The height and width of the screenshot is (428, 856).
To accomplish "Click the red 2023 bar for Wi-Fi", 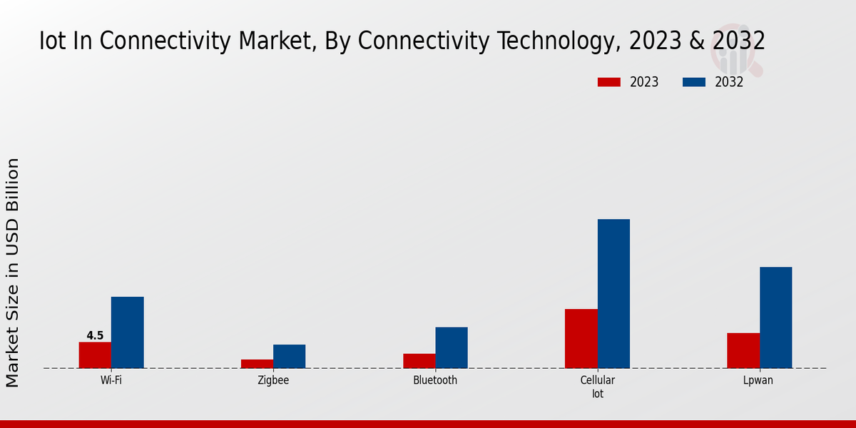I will click(95, 355).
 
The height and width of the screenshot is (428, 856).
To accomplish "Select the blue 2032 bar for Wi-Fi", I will click(127, 332).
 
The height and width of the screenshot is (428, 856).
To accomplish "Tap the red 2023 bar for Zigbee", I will click(257, 364).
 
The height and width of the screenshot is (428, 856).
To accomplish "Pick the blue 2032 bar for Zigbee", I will click(289, 357).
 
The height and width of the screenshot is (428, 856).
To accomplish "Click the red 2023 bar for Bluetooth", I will click(419, 361).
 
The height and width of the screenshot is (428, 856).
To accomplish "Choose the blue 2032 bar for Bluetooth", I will click(452, 347).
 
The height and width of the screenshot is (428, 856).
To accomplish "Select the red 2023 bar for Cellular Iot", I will click(581, 339).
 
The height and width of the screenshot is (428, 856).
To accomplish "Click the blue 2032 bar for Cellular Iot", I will click(613, 294).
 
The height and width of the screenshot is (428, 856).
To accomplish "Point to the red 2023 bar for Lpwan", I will click(743, 350).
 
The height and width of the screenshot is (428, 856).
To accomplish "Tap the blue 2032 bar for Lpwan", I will click(775, 317).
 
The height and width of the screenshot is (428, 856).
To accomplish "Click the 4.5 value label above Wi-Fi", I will click(95, 336).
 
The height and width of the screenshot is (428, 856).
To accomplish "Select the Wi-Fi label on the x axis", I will click(111, 380).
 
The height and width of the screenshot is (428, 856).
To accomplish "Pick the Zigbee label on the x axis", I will click(273, 380).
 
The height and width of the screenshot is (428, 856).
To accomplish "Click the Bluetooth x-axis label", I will click(435, 380).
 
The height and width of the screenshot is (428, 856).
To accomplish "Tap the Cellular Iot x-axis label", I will click(598, 387).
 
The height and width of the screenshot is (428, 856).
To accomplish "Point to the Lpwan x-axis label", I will click(758, 380).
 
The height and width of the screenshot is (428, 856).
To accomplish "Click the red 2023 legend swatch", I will click(608, 82).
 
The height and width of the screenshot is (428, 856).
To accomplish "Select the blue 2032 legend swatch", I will click(694, 82).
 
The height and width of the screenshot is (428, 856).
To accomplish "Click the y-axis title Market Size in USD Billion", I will click(13, 272).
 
